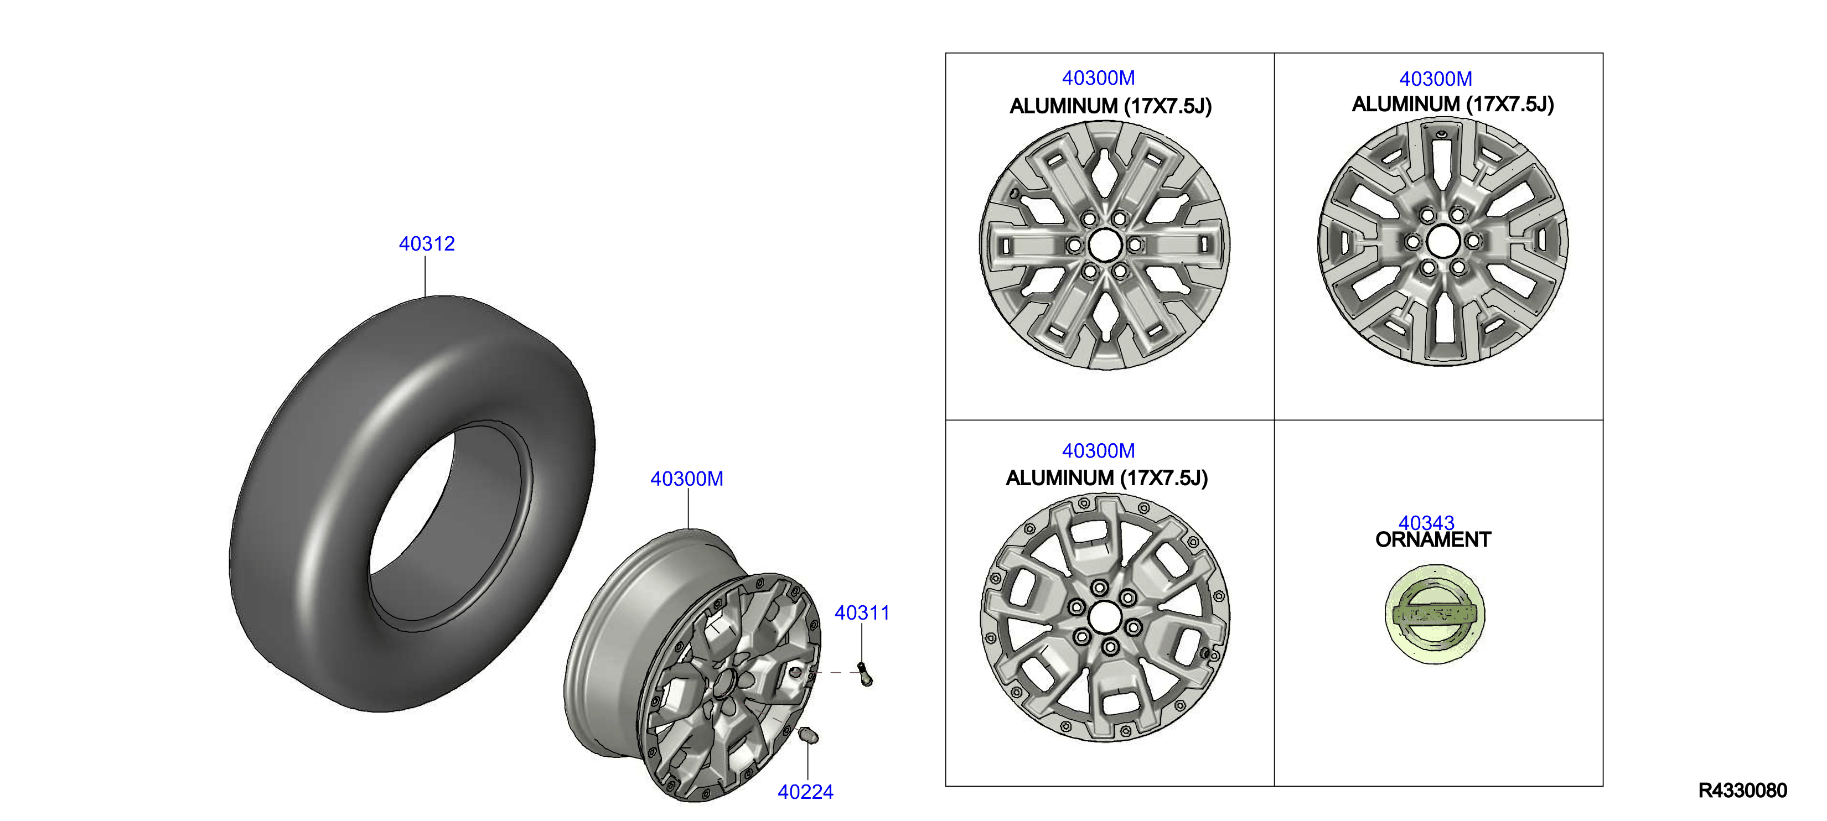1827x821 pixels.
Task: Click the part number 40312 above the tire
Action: tap(426, 244)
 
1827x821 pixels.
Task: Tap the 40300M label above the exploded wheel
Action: tap(686, 479)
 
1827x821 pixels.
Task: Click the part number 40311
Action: tap(862, 612)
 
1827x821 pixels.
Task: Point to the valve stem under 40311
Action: tap(865, 674)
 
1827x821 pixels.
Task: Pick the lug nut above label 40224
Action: tap(808, 735)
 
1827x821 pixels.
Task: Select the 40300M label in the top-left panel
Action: tap(1098, 78)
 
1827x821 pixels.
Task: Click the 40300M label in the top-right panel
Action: tap(1436, 79)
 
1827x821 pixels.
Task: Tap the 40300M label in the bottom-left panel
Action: tap(1098, 451)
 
